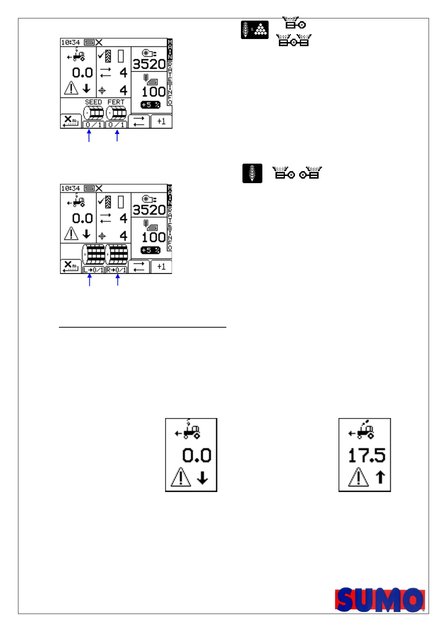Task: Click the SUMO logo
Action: click(380, 599)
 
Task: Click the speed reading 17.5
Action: click(367, 455)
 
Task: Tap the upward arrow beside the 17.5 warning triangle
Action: click(380, 477)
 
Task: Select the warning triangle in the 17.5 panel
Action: click(358, 477)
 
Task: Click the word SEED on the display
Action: click(93, 102)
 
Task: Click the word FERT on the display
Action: click(116, 102)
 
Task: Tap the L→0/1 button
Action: click(93, 270)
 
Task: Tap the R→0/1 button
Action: click(116, 270)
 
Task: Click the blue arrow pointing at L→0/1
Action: click(89, 280)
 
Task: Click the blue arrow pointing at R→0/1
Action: click(118, 280)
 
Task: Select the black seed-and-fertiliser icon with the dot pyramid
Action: click(254, 30)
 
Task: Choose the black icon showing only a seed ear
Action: click(252, 173)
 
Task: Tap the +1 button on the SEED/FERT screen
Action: click(161, 121)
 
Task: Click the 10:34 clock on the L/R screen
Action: click(70, 188)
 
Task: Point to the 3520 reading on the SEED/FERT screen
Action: click(149, 64)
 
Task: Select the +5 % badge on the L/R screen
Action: click(151, 250)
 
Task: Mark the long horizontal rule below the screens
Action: click(143, 327)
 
